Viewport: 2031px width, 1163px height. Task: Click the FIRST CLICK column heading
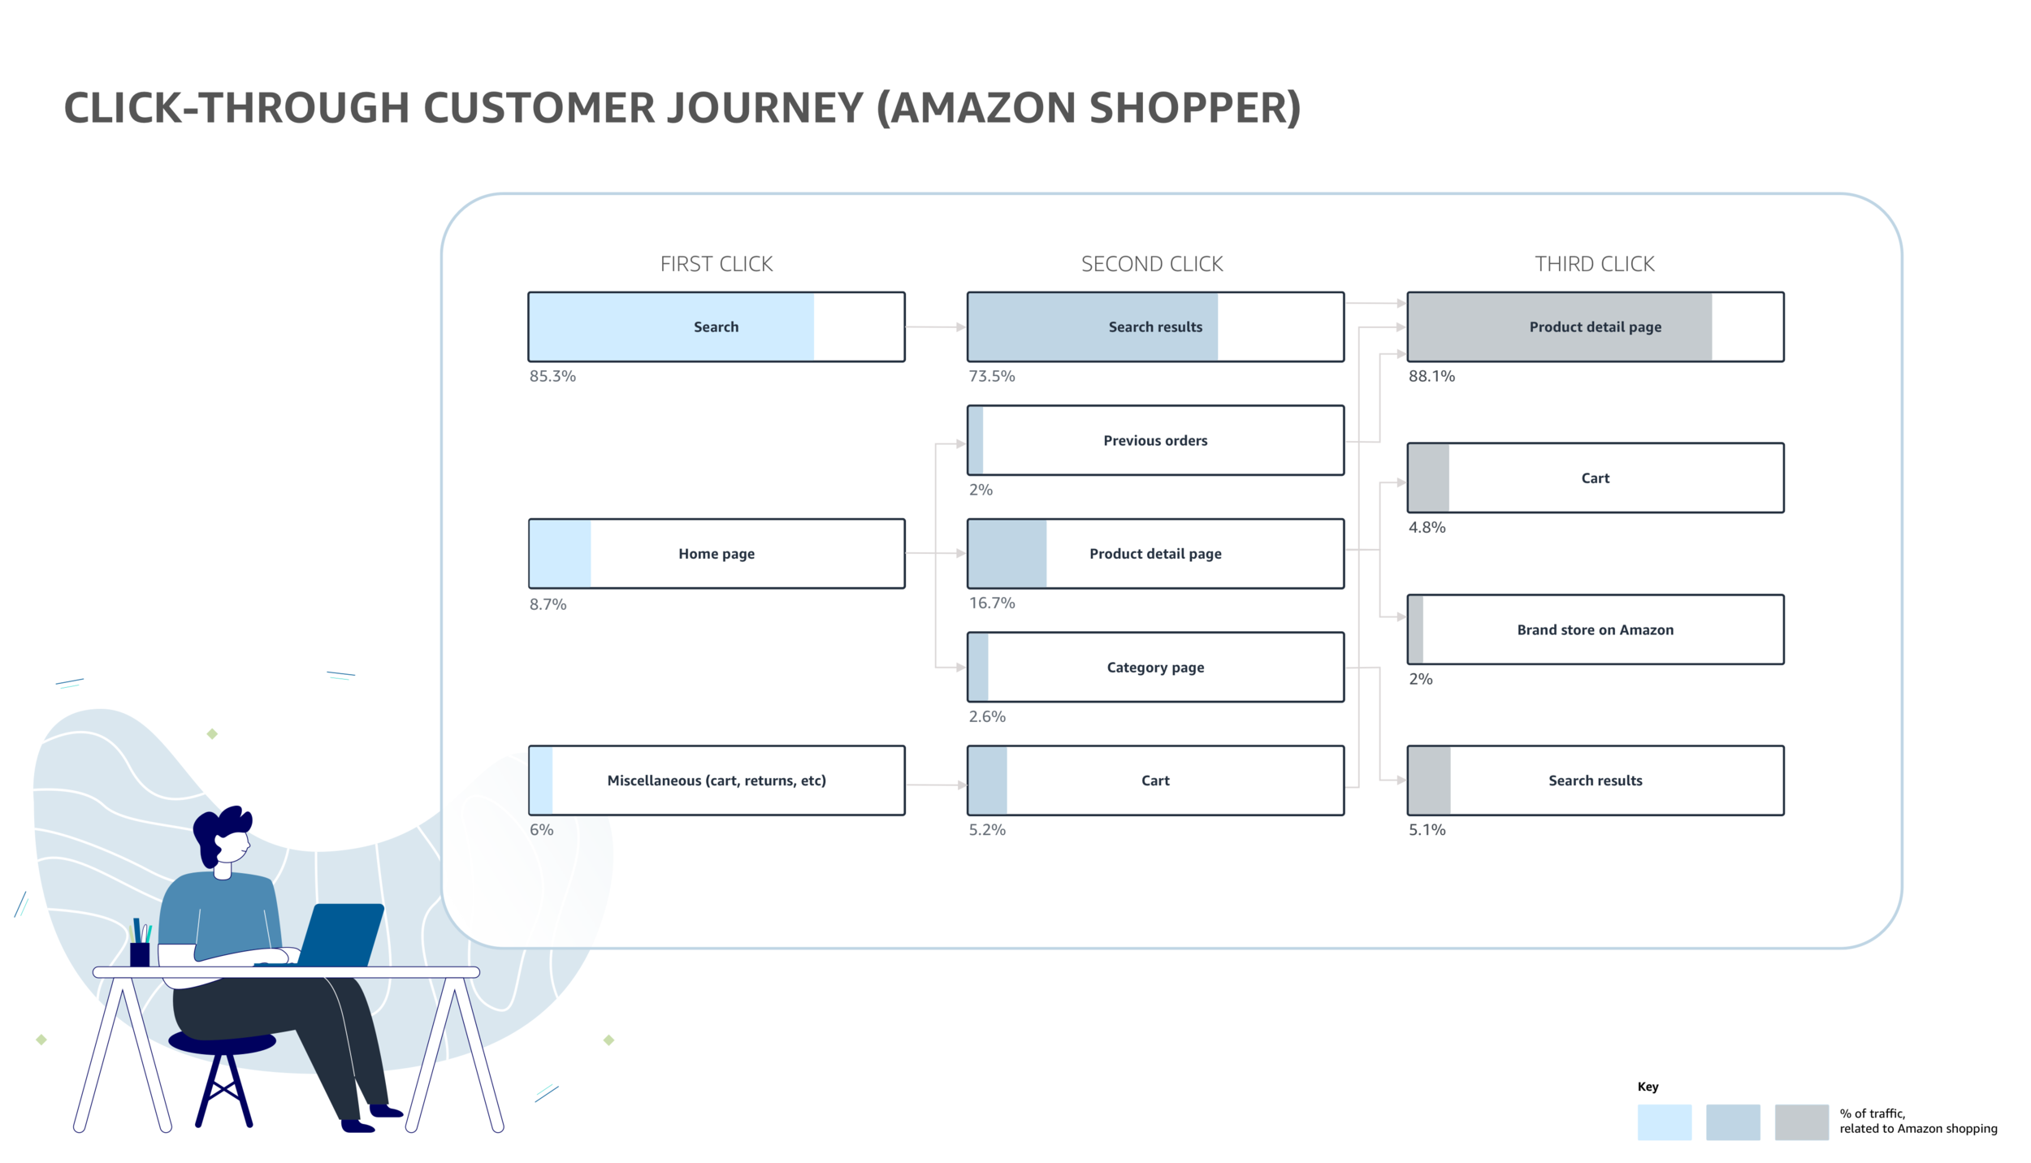tap(716, 264)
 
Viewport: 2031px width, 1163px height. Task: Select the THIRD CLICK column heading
tap(1594, 264)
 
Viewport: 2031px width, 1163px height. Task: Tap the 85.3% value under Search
tap(552, 376)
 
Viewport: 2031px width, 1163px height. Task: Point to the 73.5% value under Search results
tap(991, 376)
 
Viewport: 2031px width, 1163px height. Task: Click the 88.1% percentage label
tap(1431, 376)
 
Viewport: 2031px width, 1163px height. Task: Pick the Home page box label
tap(716, 554)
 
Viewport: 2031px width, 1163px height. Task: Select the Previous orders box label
tap(1154, 441)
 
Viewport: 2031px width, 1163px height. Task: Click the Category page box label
tap(1154, 668)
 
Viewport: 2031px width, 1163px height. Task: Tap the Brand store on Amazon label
tap(1595, 630)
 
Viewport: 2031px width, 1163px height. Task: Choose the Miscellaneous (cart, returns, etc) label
tap(716, 780)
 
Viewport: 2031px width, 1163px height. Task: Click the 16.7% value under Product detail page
tap(991, 603)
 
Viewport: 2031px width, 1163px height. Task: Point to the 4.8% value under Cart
tap(1427, 527)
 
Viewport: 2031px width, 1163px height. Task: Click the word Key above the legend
tap(1648, 1087)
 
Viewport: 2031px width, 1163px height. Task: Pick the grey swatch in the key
tap(1801, 1122)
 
